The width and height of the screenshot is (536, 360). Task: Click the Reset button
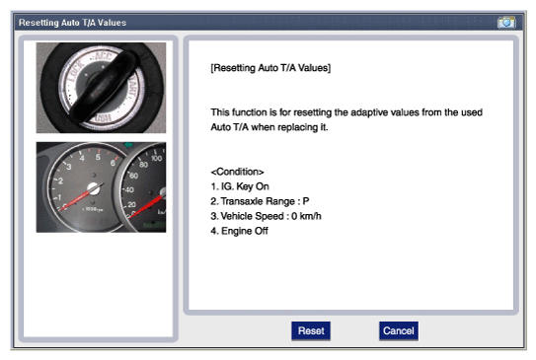click(311, 330)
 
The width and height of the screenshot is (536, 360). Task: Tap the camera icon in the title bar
click(506, 23)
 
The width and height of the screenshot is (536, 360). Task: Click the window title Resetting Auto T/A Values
click(72, 23)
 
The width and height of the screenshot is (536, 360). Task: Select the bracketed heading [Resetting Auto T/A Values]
click(270, 68)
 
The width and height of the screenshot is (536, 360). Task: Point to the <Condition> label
click(237, 172)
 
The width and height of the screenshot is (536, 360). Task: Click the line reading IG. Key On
click(240, 186)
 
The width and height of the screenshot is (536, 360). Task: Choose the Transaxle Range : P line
click(260, 201)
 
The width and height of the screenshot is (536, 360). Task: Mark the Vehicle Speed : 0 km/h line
click(266, 216)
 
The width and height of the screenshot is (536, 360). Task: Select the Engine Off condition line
click(239, 231)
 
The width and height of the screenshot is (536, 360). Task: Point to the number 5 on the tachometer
click(98, 157)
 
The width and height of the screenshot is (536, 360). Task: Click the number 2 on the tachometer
click(60, 180)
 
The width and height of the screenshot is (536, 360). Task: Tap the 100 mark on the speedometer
click(157, 158)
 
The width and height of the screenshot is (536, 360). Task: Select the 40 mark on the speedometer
click(129, 189)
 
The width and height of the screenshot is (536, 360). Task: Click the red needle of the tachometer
click(75, 200)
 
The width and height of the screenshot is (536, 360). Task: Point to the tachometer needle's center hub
click(94, 188)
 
